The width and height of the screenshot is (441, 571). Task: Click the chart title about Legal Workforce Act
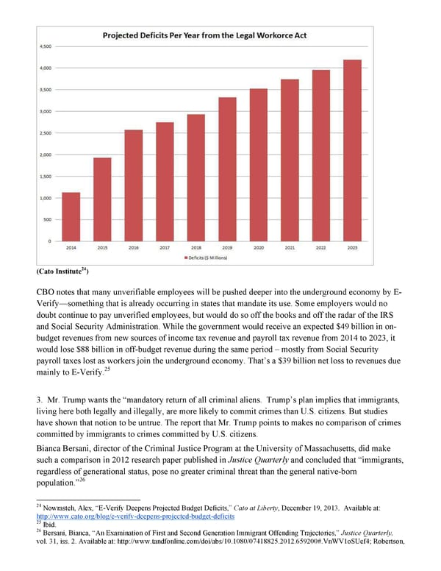click(205, 35)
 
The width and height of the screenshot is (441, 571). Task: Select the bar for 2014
click(71, 216)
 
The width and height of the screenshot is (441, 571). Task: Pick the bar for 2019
click(227, 169)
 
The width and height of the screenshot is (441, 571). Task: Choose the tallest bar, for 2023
click(352, 150)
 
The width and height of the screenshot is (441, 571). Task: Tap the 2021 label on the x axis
click(290, 248)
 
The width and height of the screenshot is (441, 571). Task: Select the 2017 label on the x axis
click(165, 248)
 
